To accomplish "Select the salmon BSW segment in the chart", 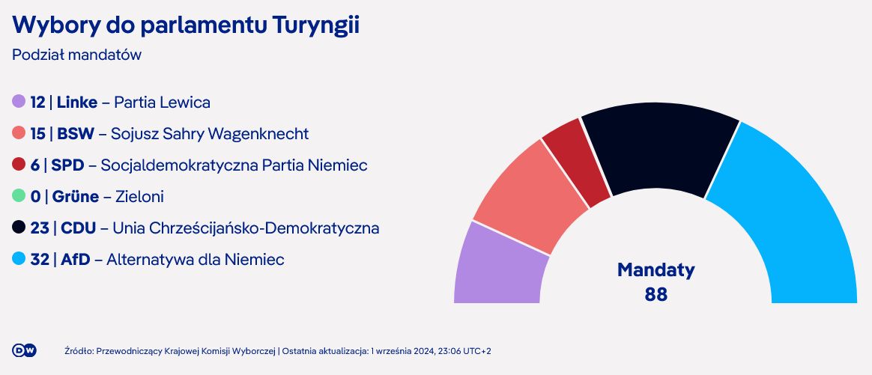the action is pos(528,197).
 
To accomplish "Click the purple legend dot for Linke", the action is pos(19,102).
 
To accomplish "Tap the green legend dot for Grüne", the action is pos(19,195).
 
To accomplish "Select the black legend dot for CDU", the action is pos(19,228).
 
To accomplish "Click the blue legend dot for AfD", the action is pos(19,258).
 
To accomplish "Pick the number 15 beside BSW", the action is pos(38,134).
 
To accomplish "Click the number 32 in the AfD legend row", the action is pos(40,260).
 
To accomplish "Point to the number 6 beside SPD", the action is pos(35,165).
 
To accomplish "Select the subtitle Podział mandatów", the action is pos(76,55).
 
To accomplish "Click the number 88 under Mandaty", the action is pos(656,293).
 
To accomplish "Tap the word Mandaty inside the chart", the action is pos(656,270).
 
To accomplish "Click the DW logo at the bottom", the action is pos(24,350).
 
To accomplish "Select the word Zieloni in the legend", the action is pos(139,197).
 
